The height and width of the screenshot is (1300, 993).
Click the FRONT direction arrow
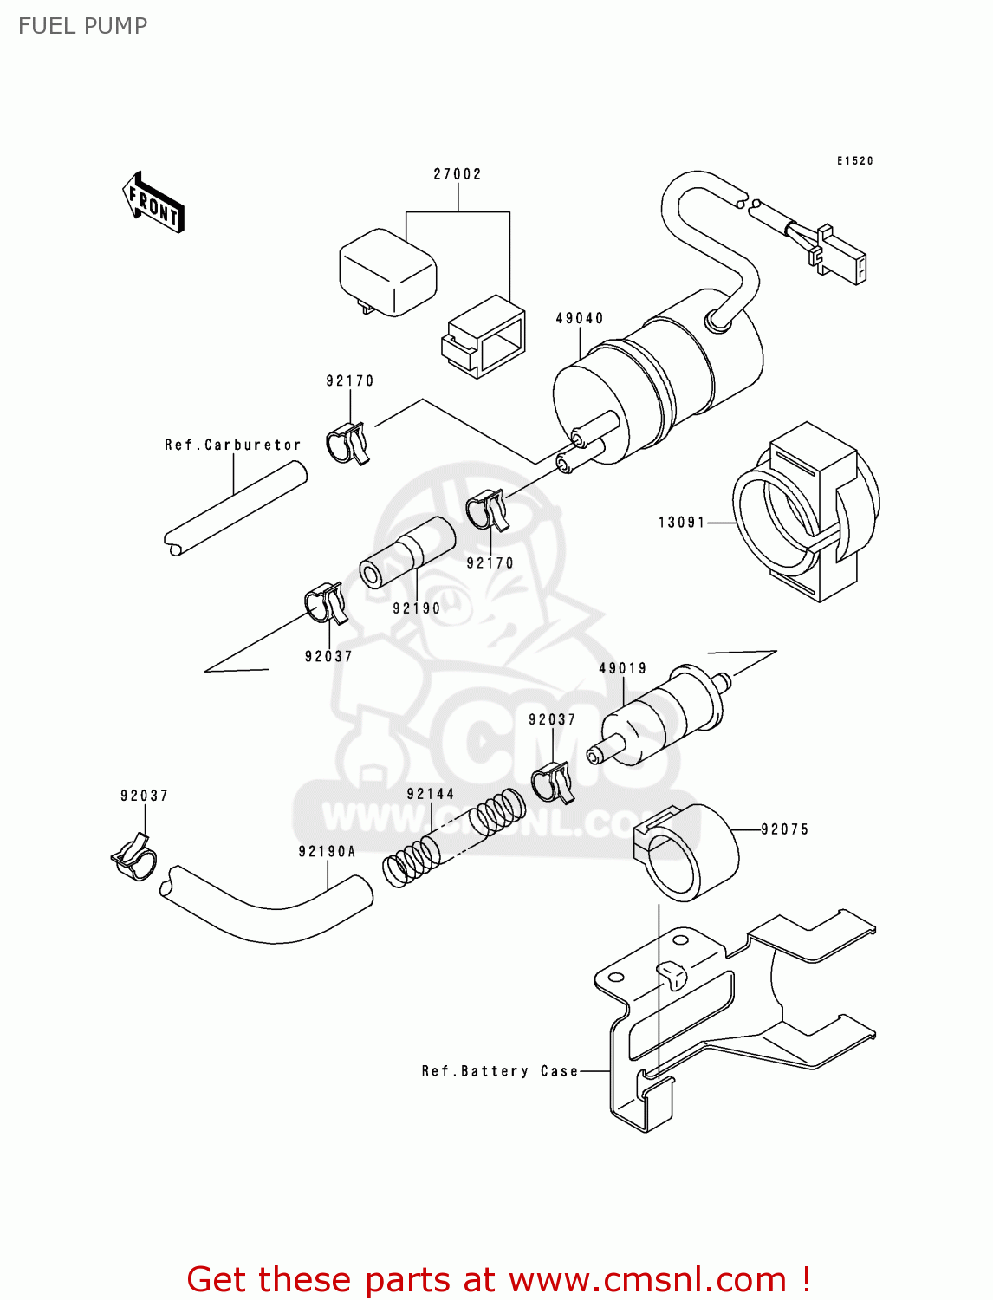point(153,203)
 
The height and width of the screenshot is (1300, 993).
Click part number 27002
point(458,174)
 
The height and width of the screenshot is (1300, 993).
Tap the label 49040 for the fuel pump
point(580,319)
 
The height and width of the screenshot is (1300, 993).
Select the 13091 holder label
point(682,523)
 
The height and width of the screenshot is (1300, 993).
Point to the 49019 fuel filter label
point(623,668)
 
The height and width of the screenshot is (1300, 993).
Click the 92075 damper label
point(785,829)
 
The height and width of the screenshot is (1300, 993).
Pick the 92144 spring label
point(431,794)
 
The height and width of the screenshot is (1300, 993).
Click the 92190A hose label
point(328,852)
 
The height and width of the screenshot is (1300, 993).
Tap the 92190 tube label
point(417,608)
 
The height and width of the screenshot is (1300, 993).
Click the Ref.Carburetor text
point(233,445)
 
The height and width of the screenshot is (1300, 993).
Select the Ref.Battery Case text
point(500,1071)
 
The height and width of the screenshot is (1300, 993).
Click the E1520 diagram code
point(855,161)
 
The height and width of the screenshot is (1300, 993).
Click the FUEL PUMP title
point(83,26)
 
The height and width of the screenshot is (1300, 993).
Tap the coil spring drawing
point(454,839)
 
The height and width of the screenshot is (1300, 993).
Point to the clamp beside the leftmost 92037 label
point(134,857)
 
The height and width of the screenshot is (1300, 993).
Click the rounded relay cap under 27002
point(387,270)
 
